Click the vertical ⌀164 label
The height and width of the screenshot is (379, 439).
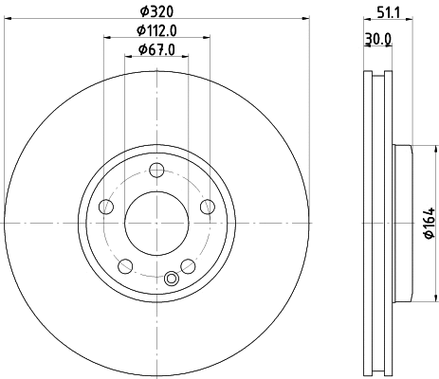tap(428, 223)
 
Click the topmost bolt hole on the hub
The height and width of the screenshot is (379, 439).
tap(157, 171)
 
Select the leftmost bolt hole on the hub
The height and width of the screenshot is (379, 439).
tap(107, 208)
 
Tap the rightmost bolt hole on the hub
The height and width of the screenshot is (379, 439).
tap(208, 208)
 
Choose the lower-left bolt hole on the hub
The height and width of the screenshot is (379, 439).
tap(126, 265)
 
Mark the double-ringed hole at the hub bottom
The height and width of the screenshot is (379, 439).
tap(172, 278)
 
